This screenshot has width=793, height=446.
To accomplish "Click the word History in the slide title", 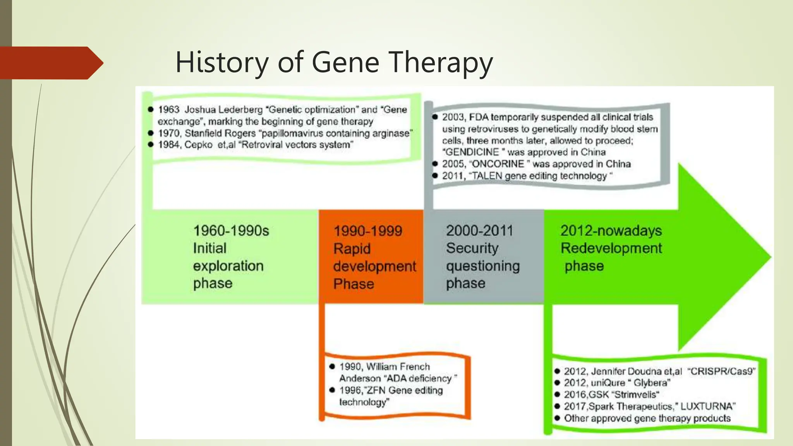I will pyautogui.click(x=222, y=63).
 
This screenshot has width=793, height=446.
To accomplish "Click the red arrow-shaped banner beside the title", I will pyautogui.click(x=50, y=63).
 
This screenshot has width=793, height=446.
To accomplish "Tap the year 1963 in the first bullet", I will pyautogui.click(x=169, y=110).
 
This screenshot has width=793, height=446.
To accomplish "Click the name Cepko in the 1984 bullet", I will pyautogui.click(x=198, y=145).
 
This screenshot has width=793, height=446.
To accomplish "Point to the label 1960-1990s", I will pyautogui.click(x=231, y=231).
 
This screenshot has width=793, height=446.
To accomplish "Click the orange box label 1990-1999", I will pyautogui.click(x=367, y=231).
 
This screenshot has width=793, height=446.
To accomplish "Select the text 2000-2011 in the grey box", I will pyautogui.click(x=479, y=231).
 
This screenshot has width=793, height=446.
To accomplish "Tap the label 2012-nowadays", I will pyautogui.click(x=611, y=231).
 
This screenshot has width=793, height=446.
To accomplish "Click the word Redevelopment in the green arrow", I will pyautogui.click(x=611, y=248).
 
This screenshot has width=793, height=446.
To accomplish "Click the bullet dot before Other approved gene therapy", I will pyautogui.click(x=557, y=418).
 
